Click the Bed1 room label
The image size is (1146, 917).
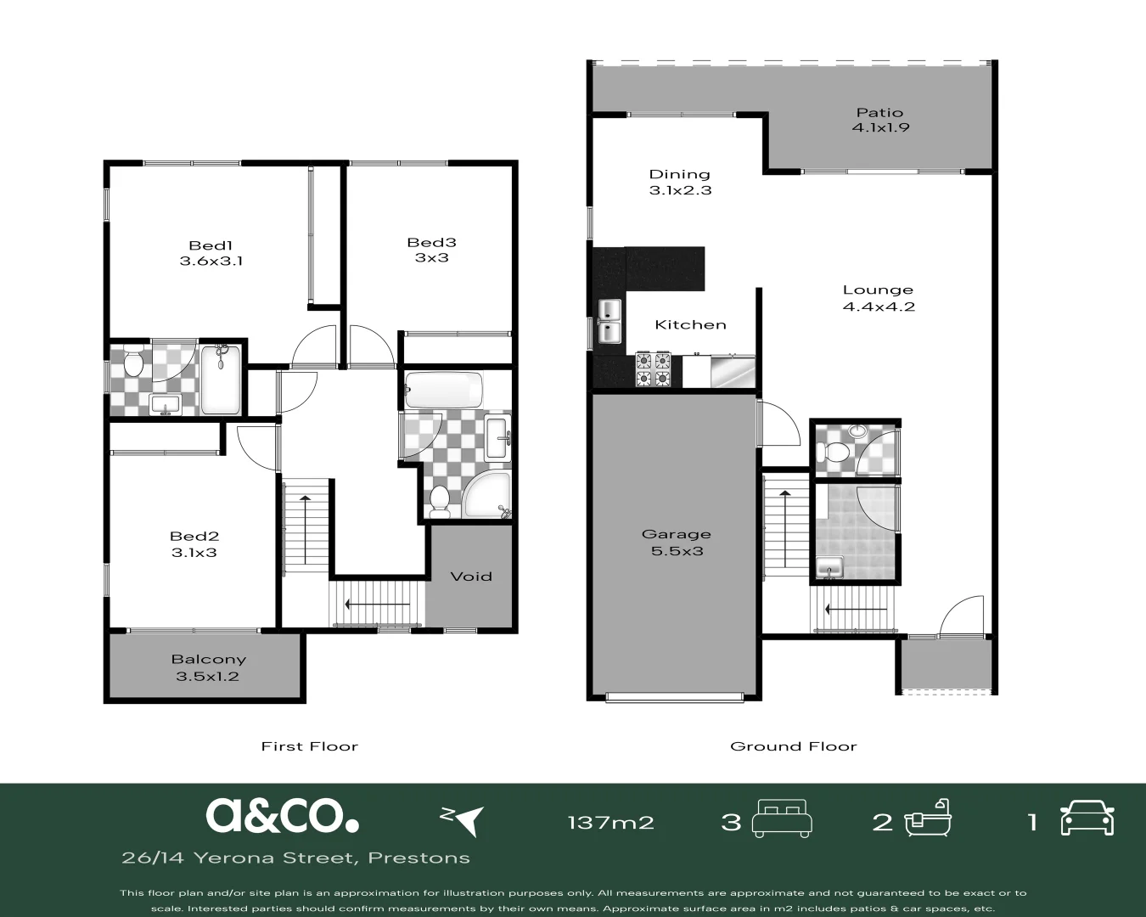tap(211, 253)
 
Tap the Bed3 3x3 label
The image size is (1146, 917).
tap(431, 250)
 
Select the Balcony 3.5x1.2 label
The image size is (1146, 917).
tap(208, 668)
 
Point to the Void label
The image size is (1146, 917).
tap(470, 577)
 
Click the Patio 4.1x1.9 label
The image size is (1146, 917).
tap(879, 120)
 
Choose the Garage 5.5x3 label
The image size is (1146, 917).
tap(676, 543)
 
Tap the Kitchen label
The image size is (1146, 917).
tap(690, 324)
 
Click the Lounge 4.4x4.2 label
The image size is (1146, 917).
tap(878, 298)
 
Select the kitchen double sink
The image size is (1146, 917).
tap(610, 322)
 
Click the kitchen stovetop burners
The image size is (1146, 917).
tap(653, 369)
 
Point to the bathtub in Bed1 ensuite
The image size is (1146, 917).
tap(221, 380)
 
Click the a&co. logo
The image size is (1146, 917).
tap(282, 815)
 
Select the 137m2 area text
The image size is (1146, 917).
tap(610, 822)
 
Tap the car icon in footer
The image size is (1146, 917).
tap(1087, 819)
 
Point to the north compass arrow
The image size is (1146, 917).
tap(463, 819)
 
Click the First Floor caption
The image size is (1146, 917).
tap(309, 746)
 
